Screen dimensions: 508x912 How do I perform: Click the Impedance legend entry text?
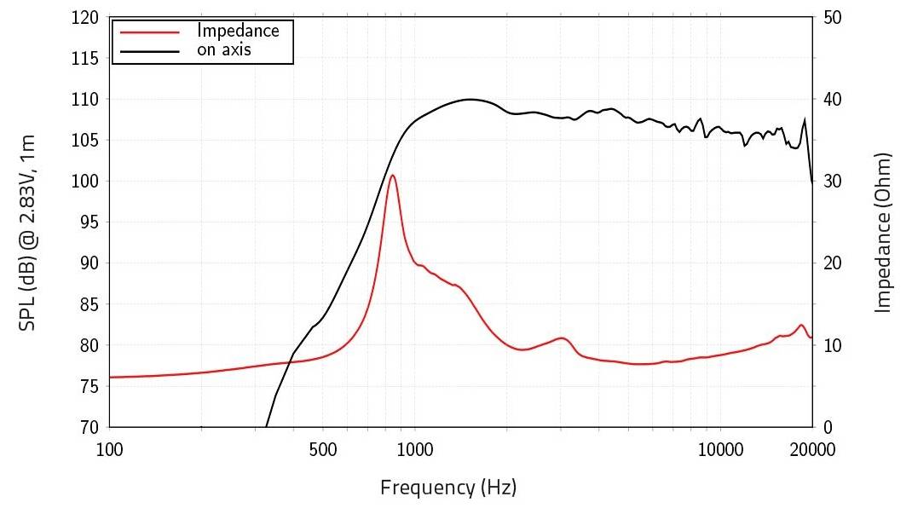pos(238,30)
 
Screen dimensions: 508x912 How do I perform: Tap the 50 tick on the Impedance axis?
pos(833,18)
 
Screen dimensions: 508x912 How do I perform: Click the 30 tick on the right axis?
pos(833,182)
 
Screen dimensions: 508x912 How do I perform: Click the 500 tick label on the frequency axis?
pos(322,448)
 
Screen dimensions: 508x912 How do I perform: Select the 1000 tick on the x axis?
pos(414,448)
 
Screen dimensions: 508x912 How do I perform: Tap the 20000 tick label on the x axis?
pos(811,448)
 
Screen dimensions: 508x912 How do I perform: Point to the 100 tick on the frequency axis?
pos(110,448)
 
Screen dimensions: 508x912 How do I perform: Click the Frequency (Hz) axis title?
pos(448,488)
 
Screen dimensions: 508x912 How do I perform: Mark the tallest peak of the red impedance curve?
pos(392,176)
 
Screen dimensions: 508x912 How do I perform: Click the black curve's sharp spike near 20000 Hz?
pos(805,120)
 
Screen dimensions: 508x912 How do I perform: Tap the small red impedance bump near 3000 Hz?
pos(561,338)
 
